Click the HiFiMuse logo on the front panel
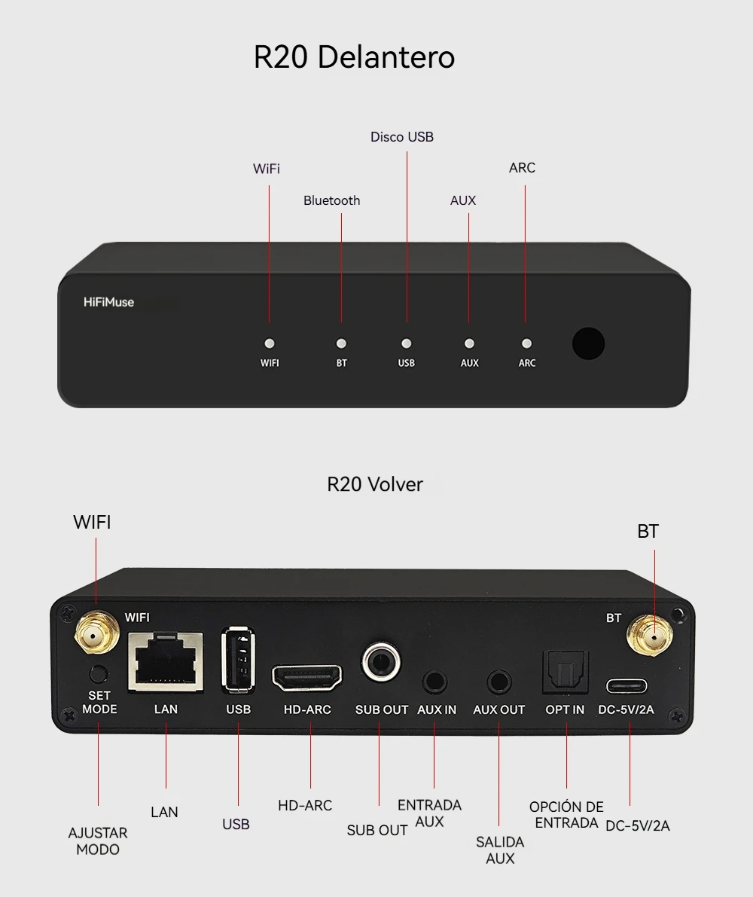click(x=108, y=302)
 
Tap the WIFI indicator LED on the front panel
click(x=270, y=343)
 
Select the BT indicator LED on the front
click(x=341, y=343)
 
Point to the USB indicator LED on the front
click(x=407, y=343)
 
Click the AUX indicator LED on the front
click(x=469, y=343)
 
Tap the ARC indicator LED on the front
click(x=527, y=343)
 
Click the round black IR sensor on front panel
click(x=588, y=343)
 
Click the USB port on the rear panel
click(x=237, y=660)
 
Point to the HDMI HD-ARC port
click(x=307, y=677)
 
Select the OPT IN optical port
click(x=566, y=672)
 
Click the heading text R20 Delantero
click(x=354, y=57)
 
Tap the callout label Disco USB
click(x=402, y=137)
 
